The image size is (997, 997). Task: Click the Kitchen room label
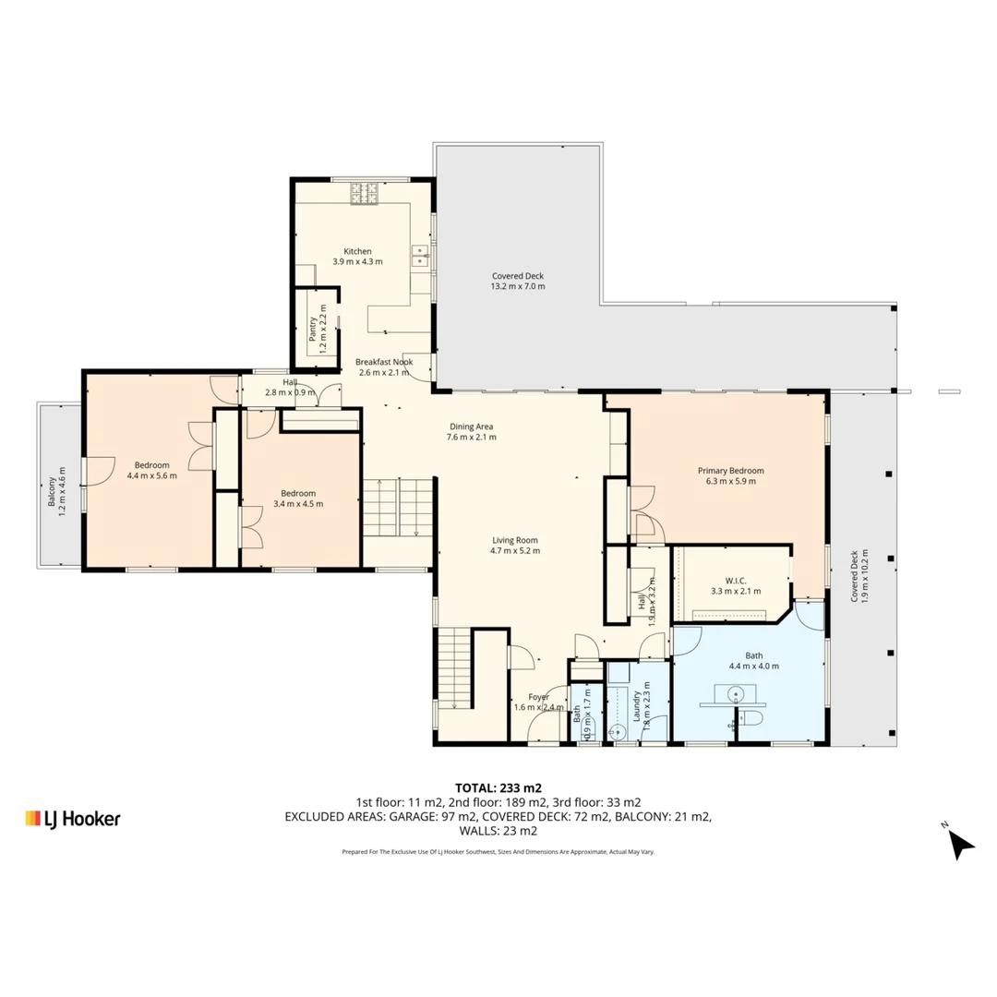[357, 251]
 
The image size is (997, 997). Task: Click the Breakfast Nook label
[385, 362]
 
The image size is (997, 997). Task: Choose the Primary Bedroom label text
[730, 470]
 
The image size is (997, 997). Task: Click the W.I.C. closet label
[735, 580]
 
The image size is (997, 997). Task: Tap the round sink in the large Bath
[736, 692]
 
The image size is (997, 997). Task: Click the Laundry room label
[636, 706]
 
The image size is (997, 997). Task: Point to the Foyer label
[538, 697]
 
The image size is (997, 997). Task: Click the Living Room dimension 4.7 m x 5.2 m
[514, 551]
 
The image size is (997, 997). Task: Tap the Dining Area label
[471, 426]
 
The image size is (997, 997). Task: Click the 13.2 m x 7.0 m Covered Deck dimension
[518, 286]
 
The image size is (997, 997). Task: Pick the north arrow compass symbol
[960, 842]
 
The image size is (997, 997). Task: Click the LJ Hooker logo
[73, 818]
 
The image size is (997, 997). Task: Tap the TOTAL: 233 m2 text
[498, 788]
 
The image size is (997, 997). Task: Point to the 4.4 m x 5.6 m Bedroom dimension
[151, 476]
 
